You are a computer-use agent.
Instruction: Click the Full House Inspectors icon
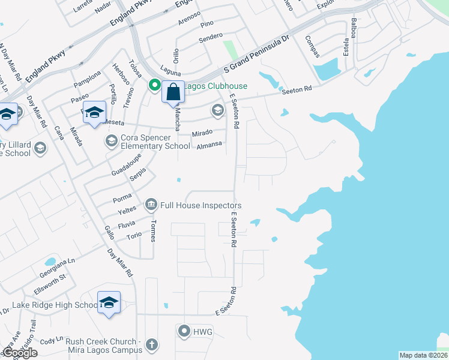[151, 205]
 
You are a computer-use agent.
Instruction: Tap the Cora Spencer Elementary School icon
[111, 141]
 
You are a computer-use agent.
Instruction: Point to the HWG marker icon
[184, 331]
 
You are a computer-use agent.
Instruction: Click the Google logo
[20, 353]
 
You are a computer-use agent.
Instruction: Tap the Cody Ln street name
[51, 340]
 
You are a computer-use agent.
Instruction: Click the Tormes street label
[153, 230]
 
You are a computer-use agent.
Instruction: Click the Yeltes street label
[127, 212]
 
